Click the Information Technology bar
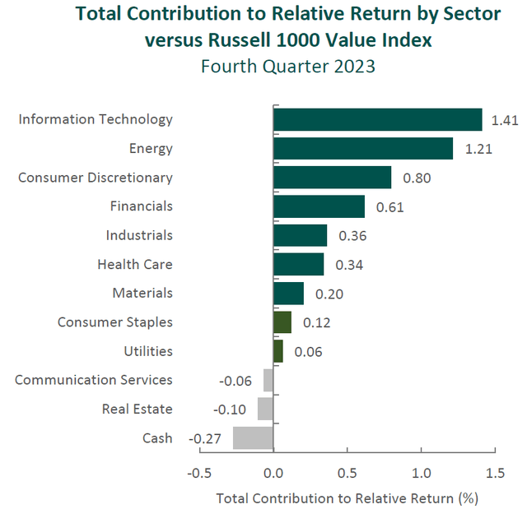tap(377, 119)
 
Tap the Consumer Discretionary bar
tap(332, 178)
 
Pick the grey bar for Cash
tap(253, 437)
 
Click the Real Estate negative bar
tap(265, 409)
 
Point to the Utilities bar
tap(277, 351)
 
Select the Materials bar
tap(288, 294)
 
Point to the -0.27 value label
tap(206, 438)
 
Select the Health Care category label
tap(134, 264)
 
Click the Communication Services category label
tap(94, 380)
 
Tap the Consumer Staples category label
tap(115, 322)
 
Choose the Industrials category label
tap(139, 235)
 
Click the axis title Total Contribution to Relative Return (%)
tap(347, 497)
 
